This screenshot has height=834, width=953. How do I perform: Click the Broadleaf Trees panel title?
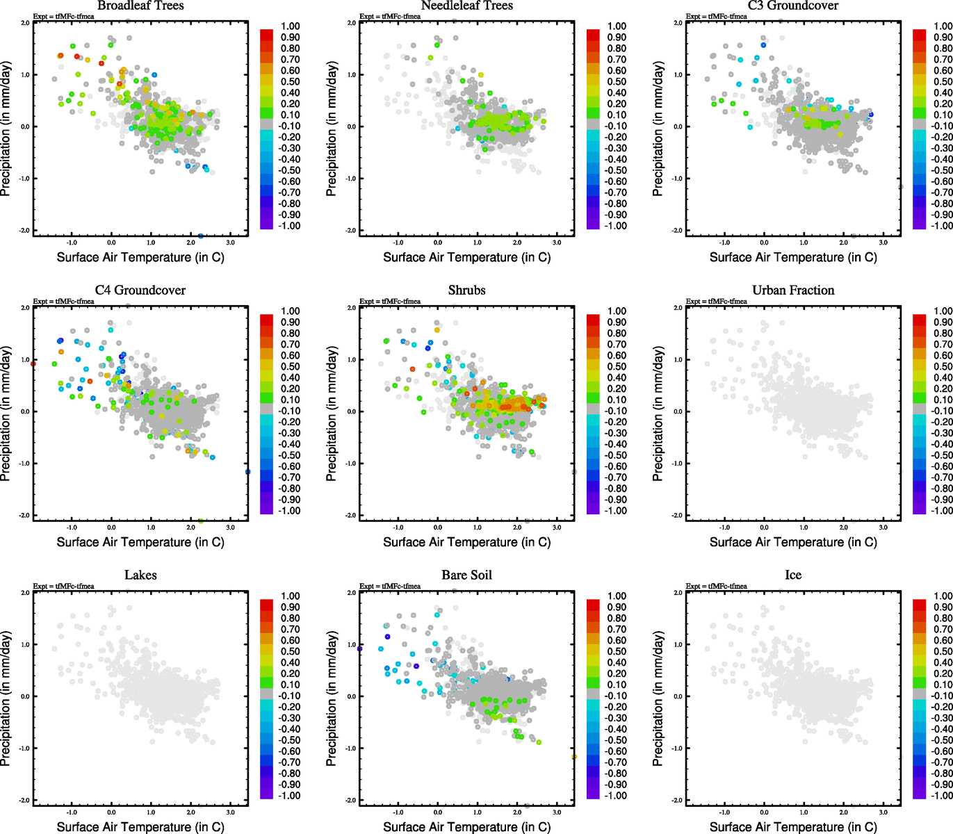point(140,6)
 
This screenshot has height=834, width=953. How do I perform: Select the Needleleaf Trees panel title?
point(466,6)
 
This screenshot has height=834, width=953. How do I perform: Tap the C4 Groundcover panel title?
point(140,291)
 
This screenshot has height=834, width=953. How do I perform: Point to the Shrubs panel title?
point(466,291)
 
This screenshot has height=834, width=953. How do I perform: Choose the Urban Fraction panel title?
point(793,291)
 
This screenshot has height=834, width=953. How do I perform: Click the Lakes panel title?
point(140,575)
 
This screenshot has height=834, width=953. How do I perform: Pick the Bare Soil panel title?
point(466,575)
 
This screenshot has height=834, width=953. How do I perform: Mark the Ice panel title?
point(793,575)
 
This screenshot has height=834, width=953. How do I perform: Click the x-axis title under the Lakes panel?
point(140,827)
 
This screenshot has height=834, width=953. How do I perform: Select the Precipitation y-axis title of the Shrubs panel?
point(332,414)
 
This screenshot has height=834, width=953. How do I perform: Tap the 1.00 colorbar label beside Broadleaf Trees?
point(291,26)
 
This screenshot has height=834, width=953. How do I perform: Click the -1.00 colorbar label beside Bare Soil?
point(617,795)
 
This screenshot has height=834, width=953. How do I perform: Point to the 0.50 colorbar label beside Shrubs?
point(617,366)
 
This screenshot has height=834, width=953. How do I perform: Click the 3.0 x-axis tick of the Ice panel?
point(883,812)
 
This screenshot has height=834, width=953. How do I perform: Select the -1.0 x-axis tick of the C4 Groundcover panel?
point(72,528)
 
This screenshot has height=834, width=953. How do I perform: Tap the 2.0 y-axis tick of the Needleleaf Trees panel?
point(352,23)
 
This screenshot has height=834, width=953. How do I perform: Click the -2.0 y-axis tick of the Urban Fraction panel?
point(678,516)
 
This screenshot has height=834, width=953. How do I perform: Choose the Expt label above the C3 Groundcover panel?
point(716,17)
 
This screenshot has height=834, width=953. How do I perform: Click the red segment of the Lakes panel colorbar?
point(266,605)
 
